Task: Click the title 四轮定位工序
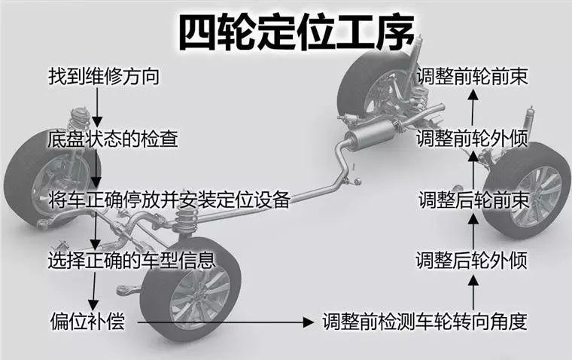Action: [x=296, y=32]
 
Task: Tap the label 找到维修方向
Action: [x=104, y=77]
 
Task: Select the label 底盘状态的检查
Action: [x=113, y=139]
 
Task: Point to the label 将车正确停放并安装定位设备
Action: [x=169, y=200]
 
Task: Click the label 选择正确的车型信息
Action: [x=132, y=261]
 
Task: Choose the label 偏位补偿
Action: [x=87, y=322]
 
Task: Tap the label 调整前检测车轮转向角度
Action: [x=425, y=322]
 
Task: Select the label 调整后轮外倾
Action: [x=472, y=261]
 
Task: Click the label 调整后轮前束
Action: [x=473, y=200]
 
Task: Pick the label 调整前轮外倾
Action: [x=472, y=139]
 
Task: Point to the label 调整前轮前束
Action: [x=473, y=77]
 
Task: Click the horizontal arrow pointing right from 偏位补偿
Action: [x=225, y=322]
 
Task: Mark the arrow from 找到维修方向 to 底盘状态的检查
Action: [x=97, y=108]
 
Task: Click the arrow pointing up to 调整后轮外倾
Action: [x=473, y=293]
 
